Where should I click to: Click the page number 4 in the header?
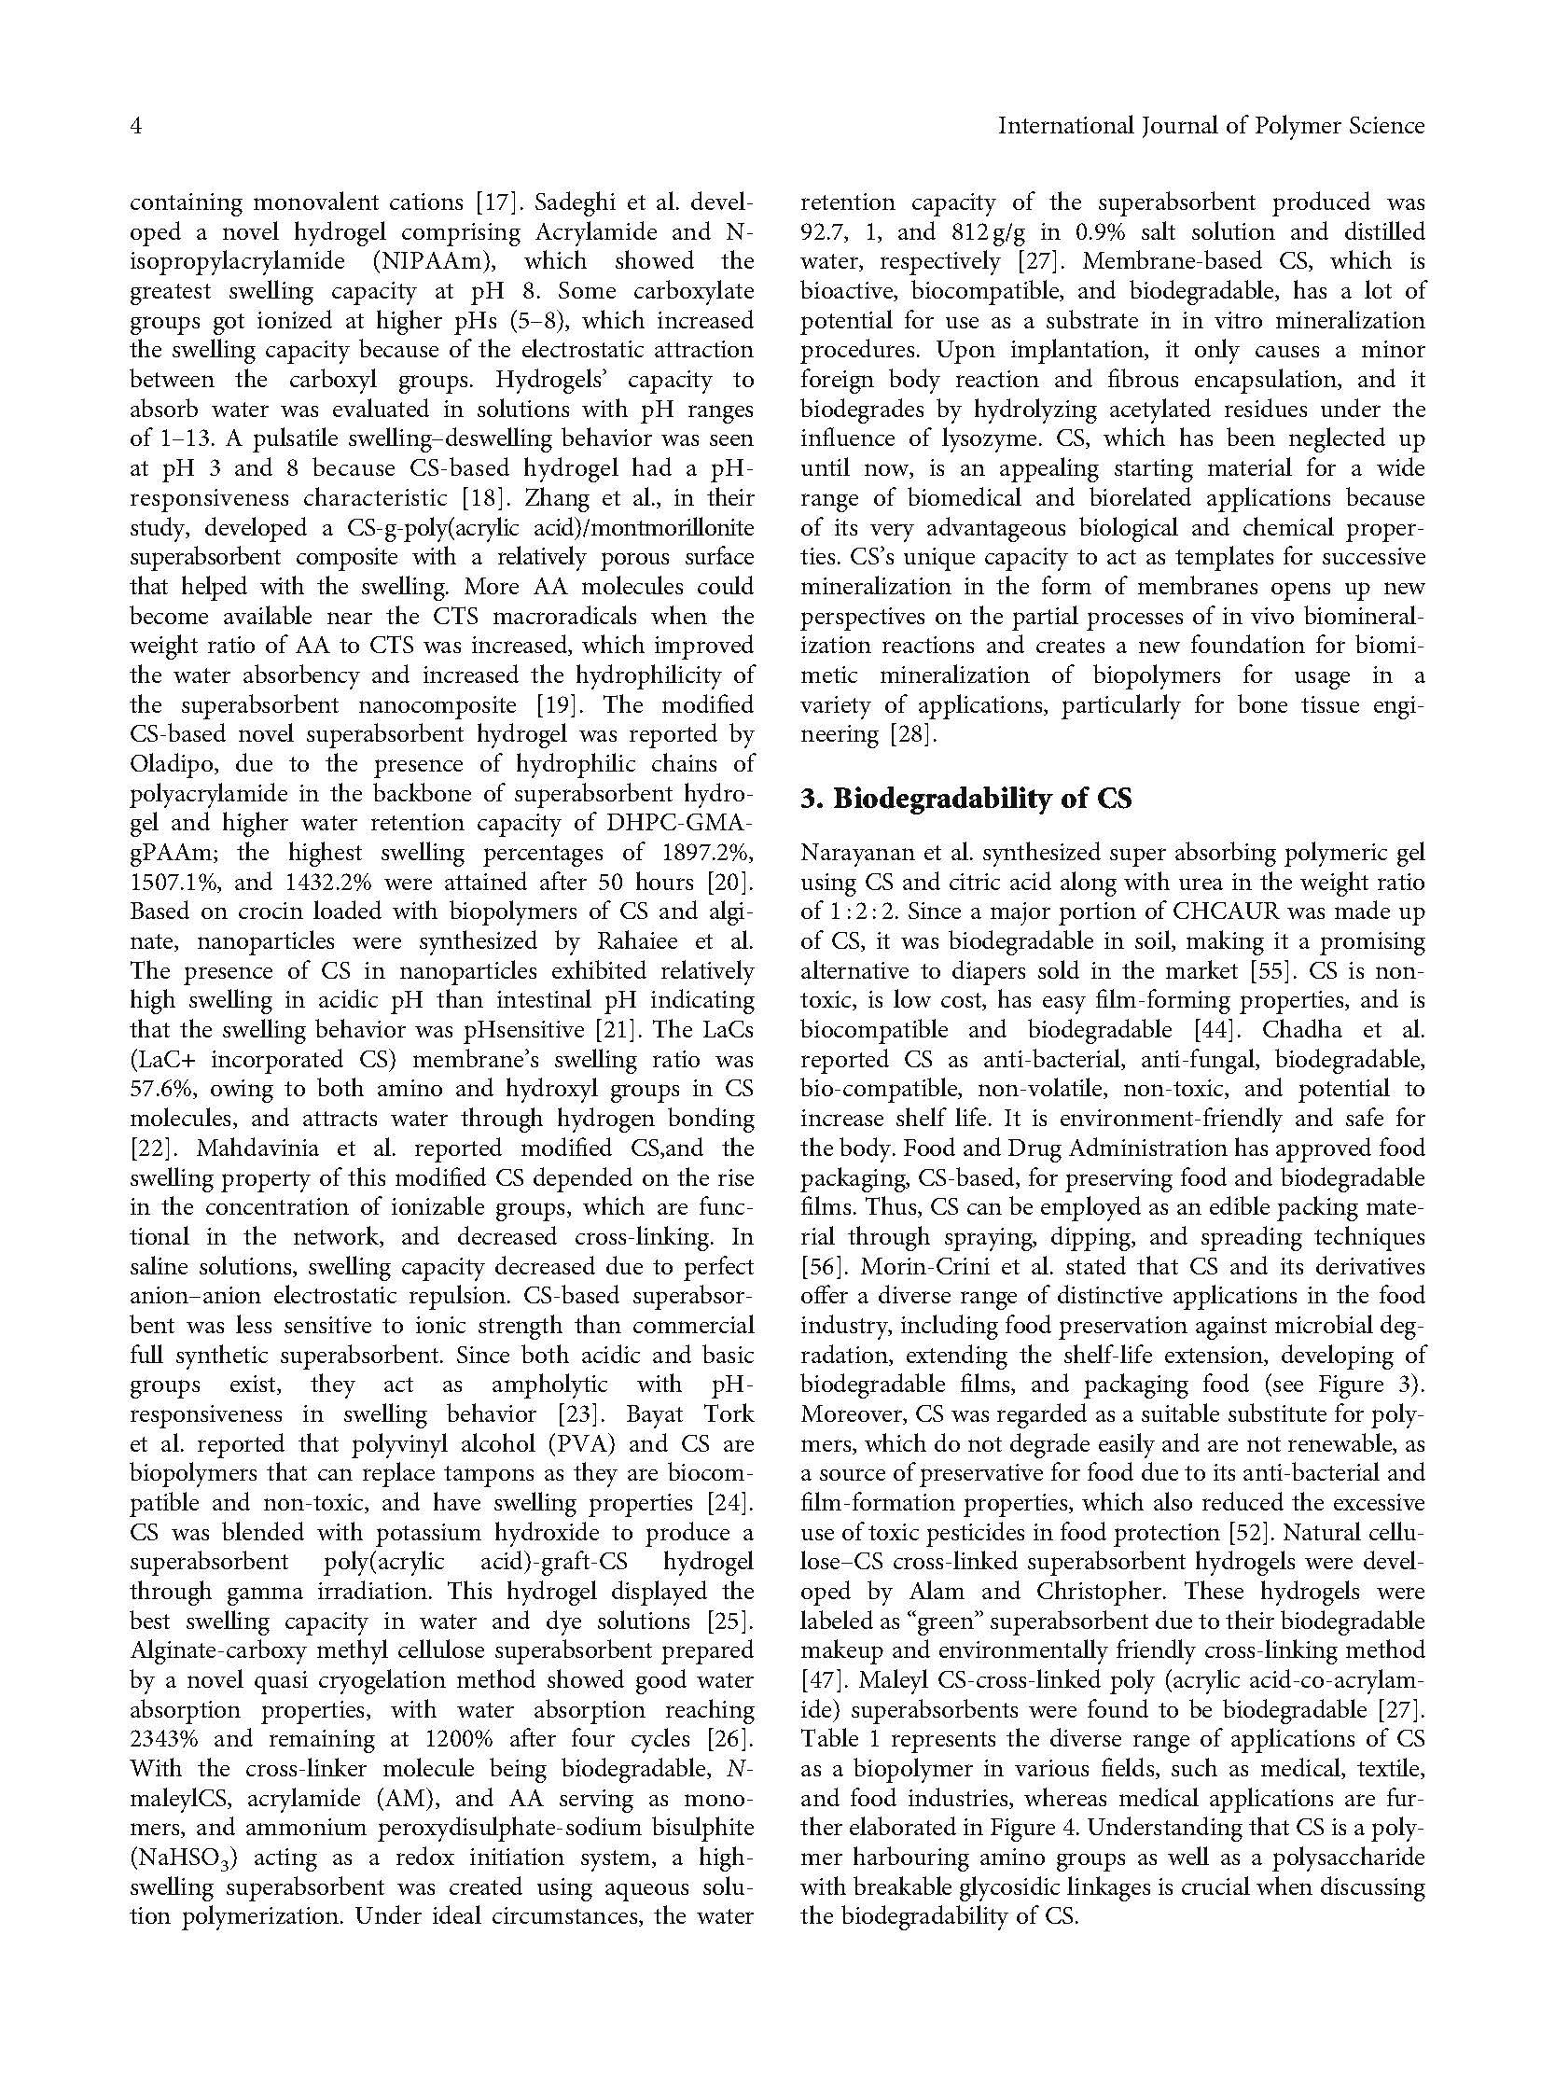135,126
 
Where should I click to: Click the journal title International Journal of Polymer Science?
1210,126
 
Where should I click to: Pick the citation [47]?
822,1679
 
